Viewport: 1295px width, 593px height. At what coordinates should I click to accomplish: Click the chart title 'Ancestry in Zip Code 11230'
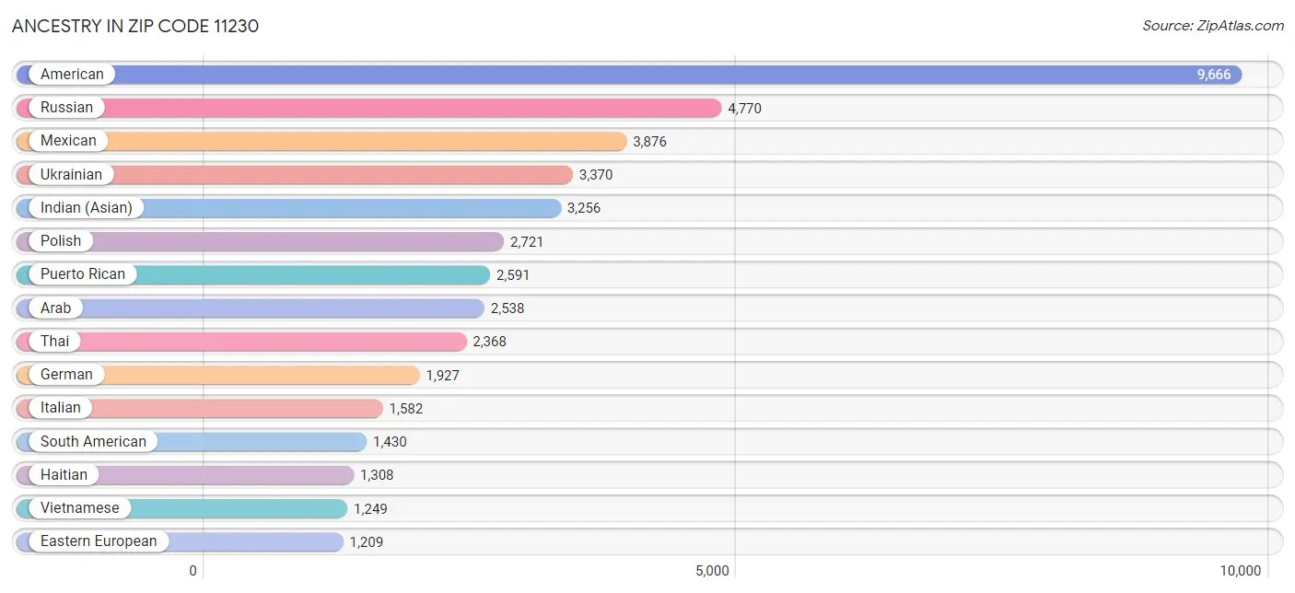[135, 26]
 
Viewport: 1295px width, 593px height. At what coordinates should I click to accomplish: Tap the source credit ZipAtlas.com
[1212, 26]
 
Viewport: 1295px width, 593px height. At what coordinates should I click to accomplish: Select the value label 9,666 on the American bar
[1213, 75]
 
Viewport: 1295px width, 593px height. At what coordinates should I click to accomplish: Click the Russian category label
[66, 108]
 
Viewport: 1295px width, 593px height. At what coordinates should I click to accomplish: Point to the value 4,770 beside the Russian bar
[744, 109]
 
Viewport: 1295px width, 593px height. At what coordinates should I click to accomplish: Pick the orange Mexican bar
[368, 141]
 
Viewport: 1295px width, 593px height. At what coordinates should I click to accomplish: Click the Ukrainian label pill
[71, 174]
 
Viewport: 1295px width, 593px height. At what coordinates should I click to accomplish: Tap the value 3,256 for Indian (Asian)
[584, 208]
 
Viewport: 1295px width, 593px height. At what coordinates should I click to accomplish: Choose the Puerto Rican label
[82, 274]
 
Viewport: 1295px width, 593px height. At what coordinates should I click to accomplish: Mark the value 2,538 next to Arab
[507, 308]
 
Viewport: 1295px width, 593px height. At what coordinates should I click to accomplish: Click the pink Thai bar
[276, 342]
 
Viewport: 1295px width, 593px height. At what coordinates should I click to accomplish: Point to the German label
[66, 375]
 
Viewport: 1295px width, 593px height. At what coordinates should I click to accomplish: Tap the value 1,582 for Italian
[406, 408]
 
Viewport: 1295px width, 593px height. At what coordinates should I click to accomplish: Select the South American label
[93, 441]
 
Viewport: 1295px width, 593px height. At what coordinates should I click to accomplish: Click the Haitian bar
[230, 475]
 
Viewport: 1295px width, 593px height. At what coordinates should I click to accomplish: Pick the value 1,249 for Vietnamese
[370, 508]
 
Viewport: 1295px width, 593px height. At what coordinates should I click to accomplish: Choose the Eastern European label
[99, 541]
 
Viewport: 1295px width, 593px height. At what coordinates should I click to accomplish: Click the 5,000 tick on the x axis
[713, 571]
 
